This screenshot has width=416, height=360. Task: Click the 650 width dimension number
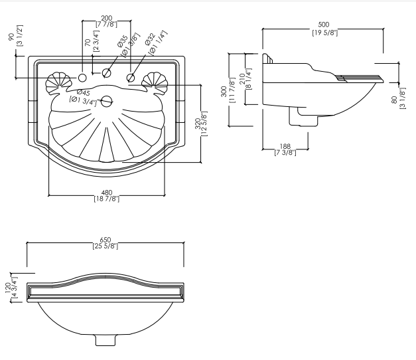point(105,239)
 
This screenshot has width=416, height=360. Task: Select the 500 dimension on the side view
point(324,25)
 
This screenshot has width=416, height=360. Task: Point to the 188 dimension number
point(285,146)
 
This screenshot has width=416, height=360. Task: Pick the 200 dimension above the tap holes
point(105,18)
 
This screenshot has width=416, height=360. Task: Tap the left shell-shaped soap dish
point(58,82)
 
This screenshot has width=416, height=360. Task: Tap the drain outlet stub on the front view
point(105,339)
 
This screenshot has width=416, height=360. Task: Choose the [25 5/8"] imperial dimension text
point(105,246)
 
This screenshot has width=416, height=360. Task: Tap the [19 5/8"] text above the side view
point(324,33)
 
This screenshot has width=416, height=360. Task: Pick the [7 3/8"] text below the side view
point(285,153)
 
